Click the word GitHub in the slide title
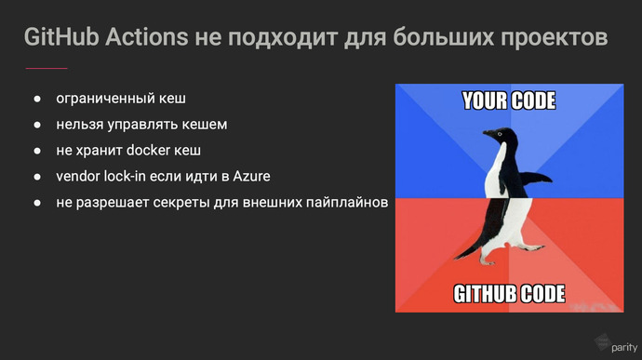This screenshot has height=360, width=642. click(60, 38)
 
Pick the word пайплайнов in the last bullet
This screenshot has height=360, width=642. click(343, 202)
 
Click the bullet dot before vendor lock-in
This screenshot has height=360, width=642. click(38, 176)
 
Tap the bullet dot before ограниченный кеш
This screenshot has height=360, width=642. click(38, 98)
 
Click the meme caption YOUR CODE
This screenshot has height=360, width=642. click(509, 100)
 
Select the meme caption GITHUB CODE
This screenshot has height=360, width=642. click(509, 295)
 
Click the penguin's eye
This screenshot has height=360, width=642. click(500, 136)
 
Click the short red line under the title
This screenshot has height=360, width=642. click(46, 68)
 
